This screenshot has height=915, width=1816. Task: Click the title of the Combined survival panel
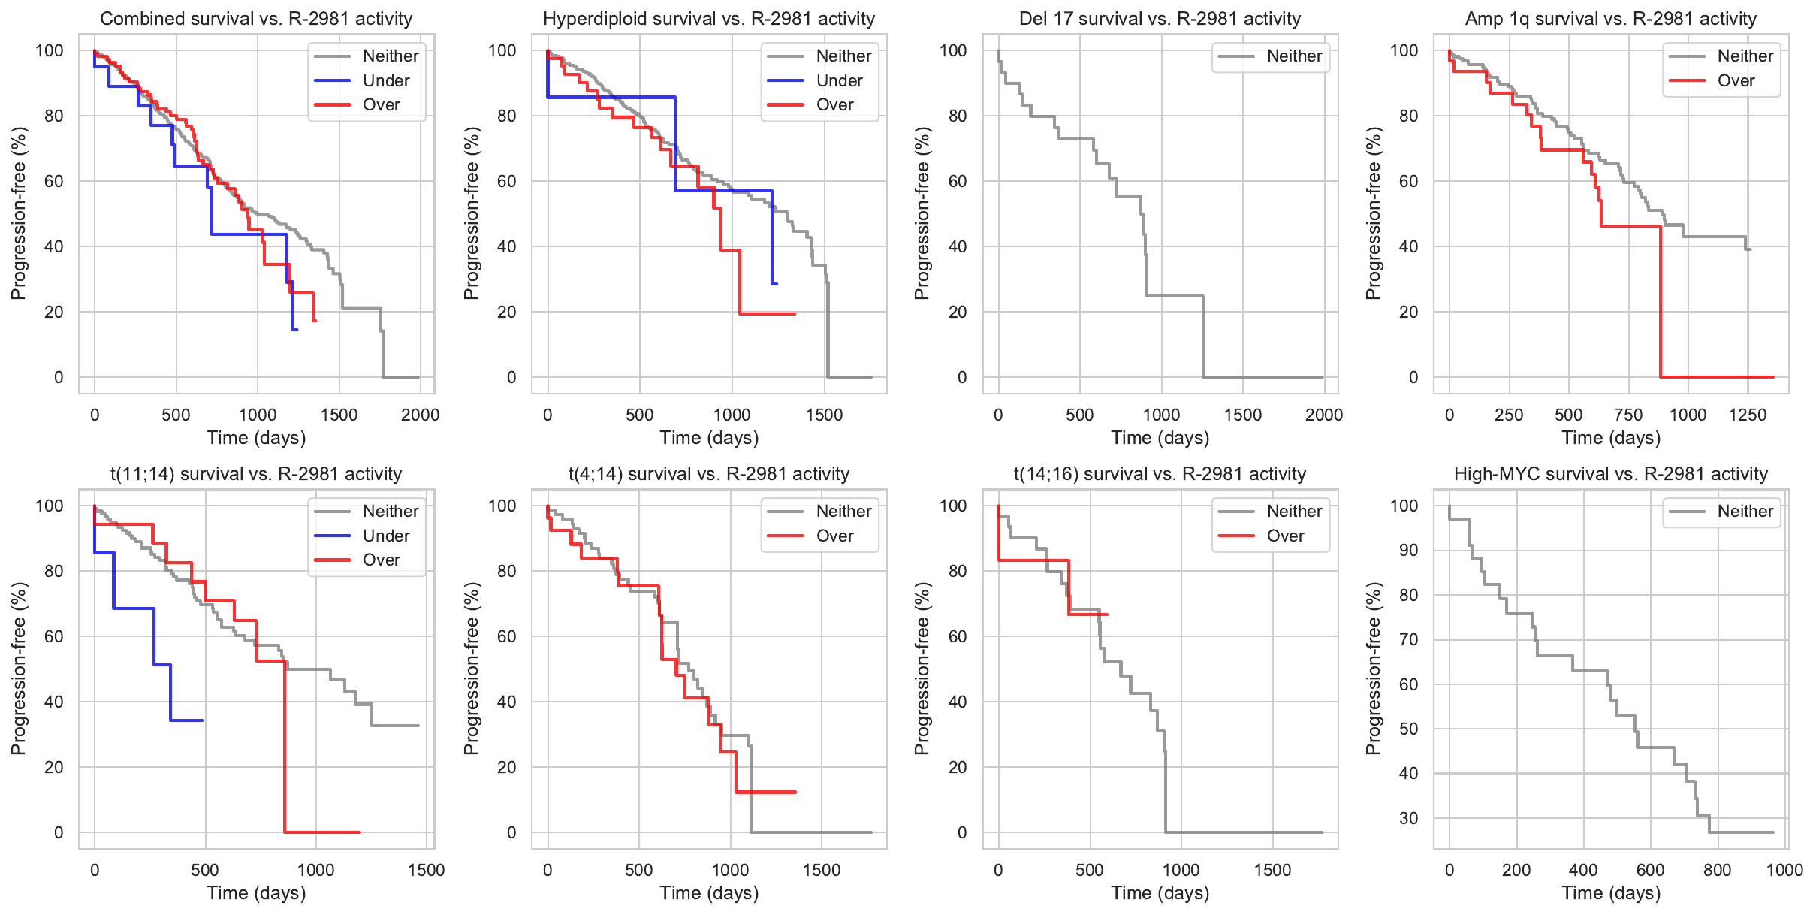tap(256, 19)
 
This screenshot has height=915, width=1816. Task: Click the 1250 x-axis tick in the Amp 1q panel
tap(1748, 415)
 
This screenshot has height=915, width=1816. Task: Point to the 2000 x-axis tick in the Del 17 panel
tap(1323, 415)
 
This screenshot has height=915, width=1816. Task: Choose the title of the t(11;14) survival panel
tap(256, 474)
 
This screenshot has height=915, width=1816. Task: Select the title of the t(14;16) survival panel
tap(1160, 474)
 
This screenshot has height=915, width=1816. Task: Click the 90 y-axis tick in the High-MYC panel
tap(1407, 550)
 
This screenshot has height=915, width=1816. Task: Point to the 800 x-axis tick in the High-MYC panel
tap(1718, 870)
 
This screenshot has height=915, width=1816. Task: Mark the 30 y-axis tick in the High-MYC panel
tap(1407, 818)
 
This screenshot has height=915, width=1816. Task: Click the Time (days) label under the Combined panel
tap(256, 438)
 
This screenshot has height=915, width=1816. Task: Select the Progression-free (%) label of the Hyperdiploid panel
tap(471, 213)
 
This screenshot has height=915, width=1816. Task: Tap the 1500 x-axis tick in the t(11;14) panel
tap(426, 870)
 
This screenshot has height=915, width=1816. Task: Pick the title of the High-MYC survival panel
tap(1611, 474)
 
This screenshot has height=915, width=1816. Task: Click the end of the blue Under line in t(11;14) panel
tap(203, 720)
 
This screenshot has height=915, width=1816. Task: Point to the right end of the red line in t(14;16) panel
tap(1108, 615)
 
